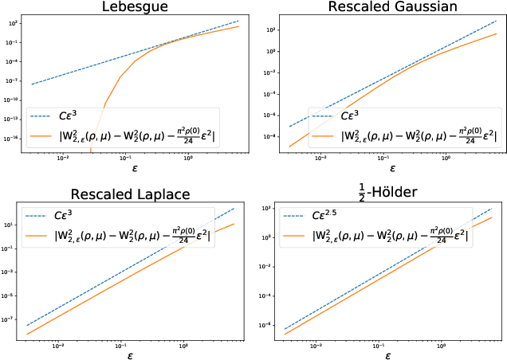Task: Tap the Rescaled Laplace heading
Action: pos(132,194)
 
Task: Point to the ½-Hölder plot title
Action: pos(391,192)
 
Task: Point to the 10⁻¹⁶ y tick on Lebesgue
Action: pos(14,138)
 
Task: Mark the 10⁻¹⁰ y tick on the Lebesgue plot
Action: pos(14,100)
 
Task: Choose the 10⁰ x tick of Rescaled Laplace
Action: pos(184,345)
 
